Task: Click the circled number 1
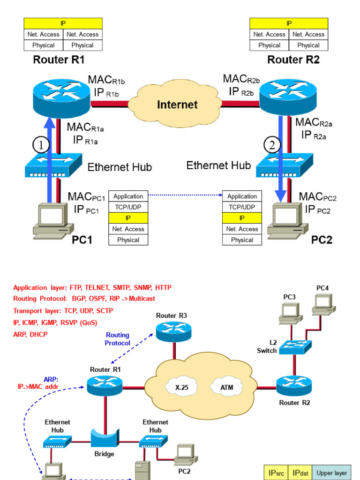(41, 145)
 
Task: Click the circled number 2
(271, 145)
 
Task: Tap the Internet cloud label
(177, 104)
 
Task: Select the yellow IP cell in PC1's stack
(128, 218)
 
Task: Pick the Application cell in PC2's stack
(242, 196)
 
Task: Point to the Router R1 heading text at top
(59, 60)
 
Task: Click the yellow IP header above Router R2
(289, 23)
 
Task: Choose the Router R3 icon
(173, 332)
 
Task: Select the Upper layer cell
(331, 472)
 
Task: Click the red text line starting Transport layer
(63, 310)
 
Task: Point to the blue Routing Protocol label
(117, 339)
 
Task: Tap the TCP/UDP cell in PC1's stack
(128, 207)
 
